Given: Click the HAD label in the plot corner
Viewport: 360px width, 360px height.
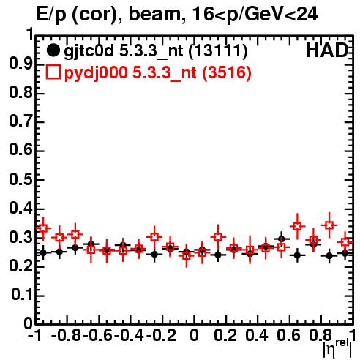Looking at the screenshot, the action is pyautogui.click(x=327, y=50).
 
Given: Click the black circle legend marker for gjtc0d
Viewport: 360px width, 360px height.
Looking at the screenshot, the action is pyautogui.click(x=53, y=50).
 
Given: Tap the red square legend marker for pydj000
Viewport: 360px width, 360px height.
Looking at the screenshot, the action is pyautogui.click(x=53, y=72).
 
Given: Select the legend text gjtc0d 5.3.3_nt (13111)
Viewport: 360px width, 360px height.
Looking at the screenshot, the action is pyautogui.click(x=156, y=51).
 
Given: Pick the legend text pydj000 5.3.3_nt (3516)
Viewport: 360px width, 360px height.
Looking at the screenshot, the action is pyautogui.click(x=158, y=73).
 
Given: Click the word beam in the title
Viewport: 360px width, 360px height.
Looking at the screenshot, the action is pyautogui.click(x=154, y=14).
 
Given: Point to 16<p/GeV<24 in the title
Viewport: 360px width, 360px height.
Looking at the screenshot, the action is pyautogui.click(x=255, y=15).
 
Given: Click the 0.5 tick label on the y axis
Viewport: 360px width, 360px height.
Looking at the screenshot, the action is pyautogui.click(x=20, y=180).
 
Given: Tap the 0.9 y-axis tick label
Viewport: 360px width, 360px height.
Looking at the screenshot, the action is pyautogui.click(x=20, y=64).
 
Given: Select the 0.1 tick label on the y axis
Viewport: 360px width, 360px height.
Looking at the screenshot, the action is pyautogui.click(x=22, y=295).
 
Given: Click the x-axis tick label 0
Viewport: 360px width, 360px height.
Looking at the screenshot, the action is pyautogui.click(x=194, y=335).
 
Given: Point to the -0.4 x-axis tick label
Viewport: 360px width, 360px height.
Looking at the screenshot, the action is pyautogui.click(x=129, y=335).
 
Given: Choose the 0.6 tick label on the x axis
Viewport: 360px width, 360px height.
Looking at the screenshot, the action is pyautogui.click(x=288, y=335).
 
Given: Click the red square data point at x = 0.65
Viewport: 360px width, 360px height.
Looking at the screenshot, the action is pyautogui.click(x=297, y=226).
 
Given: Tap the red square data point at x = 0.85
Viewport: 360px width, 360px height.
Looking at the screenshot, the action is pyautogui.click(x=329, y=225).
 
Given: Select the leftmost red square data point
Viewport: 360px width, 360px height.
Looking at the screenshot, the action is pyautogui.click(x=43, y=228).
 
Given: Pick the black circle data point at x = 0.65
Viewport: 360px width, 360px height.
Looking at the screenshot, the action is pyautogui.click(x=297, y=255).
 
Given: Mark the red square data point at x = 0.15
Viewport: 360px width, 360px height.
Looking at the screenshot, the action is pyautogui.click(x=218, y=236).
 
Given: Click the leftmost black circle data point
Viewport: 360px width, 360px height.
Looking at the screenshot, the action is pyautogui.click(x=43, y=252).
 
